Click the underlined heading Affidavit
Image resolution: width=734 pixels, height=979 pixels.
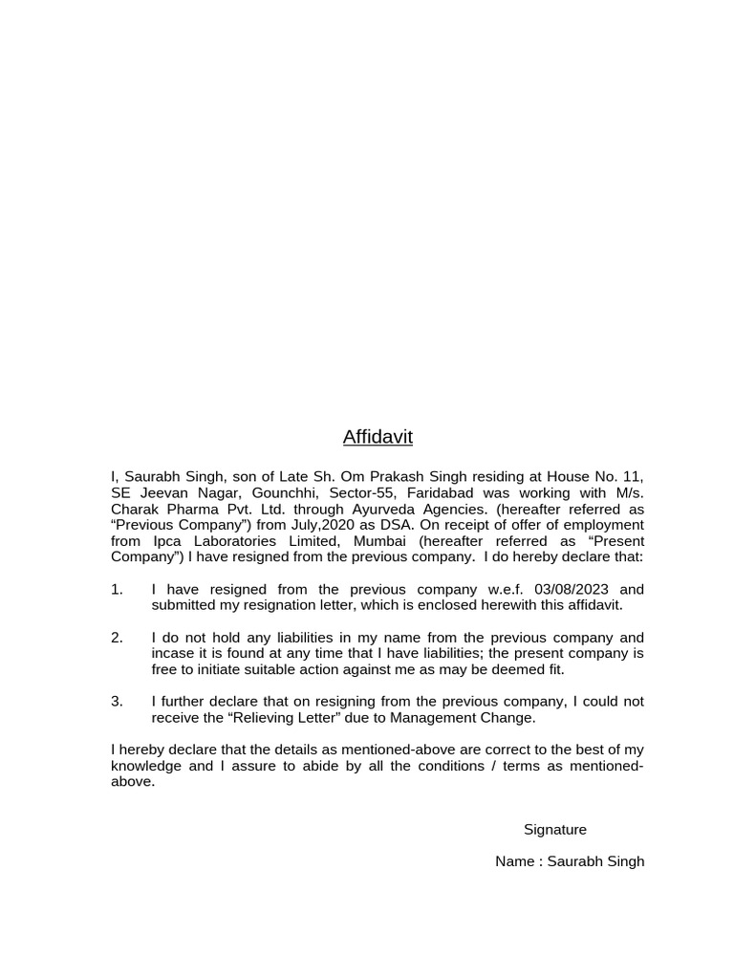click(x=378, y=437)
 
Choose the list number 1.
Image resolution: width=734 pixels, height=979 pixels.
click(x=117, y=589)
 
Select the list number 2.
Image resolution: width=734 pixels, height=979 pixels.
click(x=117, y=638)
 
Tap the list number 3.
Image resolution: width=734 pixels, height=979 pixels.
click(x=117, y=702)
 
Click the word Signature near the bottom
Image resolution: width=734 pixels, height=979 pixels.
click(x=555, y=829)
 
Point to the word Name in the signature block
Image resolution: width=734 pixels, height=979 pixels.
click(x=515, y=861)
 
